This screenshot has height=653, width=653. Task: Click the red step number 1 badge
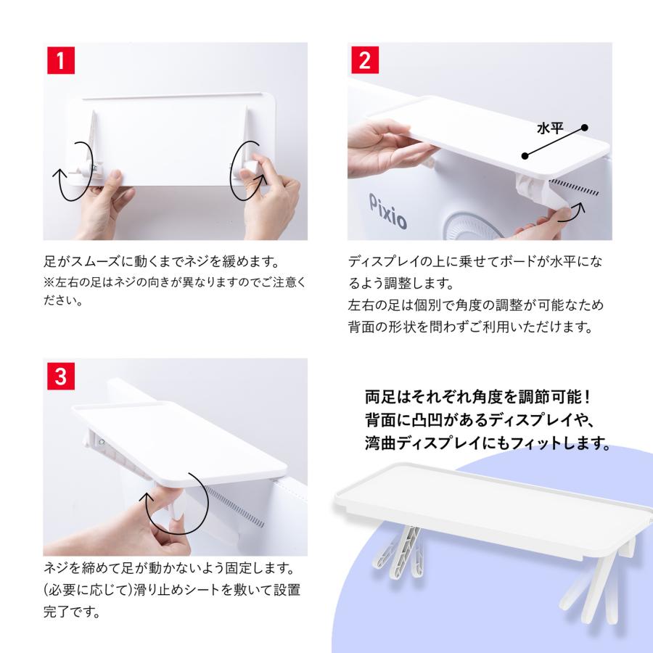pos(61,60)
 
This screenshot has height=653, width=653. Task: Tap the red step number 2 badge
pos(365,60)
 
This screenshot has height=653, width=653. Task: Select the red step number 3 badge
pos(61,376)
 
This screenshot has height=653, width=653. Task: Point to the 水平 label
pos(550,128)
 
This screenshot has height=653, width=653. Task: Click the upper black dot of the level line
pos(585,128)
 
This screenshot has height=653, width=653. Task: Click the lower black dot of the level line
pos(525,156)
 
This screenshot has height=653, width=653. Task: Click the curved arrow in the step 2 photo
pos(572,213)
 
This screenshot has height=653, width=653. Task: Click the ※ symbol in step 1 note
pos(49,282)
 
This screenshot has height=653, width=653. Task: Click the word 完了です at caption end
pos(72,612)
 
